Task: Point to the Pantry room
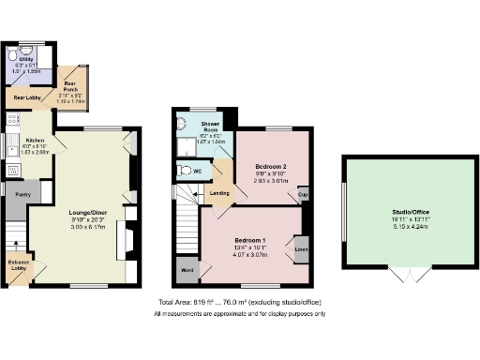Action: pyautogui.click(x=16, y=195)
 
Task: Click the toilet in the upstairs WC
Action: pyautogui.click(x=185, y=172)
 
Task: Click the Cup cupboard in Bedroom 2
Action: pyautogui.click(x=303, y=196)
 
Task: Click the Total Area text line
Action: pyautogui.click(x=242, y=304)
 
